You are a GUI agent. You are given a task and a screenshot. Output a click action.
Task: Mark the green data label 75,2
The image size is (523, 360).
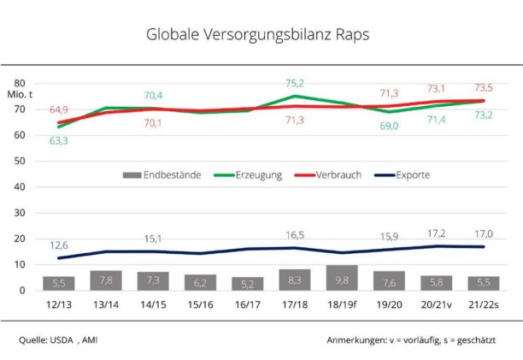click(294, 83)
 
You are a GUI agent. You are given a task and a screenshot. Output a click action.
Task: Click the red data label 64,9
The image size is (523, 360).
click(59, 109)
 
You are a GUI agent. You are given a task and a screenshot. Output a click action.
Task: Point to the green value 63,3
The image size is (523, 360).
click(58, 140)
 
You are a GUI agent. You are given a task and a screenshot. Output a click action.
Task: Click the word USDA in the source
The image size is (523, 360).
click(66, 339)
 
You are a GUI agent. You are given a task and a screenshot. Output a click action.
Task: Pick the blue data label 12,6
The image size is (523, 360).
click(58, 245)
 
